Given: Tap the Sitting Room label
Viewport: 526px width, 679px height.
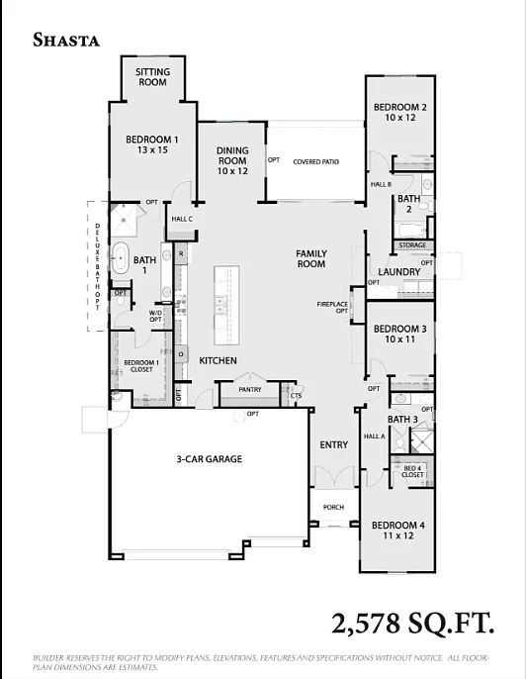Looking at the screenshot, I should click(152, 77).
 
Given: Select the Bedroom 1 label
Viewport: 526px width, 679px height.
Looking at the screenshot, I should click(152, 145).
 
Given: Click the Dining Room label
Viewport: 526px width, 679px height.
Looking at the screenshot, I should click(232, 160).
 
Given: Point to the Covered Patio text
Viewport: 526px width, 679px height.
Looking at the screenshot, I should click(315, 160).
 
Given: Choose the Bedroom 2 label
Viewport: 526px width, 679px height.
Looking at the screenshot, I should click(400, 112).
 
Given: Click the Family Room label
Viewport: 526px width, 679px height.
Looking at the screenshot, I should click(311, 259).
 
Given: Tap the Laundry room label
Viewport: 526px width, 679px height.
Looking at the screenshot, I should click(399, 272).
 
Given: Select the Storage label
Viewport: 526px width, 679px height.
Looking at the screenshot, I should click(412, 245).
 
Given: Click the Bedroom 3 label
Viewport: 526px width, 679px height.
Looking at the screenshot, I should click(400, 334).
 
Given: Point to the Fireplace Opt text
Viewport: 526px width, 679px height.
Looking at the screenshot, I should click(332, 307).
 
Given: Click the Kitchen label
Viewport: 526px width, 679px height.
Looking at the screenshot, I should click(218, 361).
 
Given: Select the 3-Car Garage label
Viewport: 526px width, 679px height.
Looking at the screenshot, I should click(210, 459).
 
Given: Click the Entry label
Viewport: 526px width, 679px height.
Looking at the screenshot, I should click(334, 445).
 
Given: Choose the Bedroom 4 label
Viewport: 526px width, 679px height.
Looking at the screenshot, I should click(399, 531).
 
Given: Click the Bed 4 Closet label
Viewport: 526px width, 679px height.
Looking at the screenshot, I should click(412, 471).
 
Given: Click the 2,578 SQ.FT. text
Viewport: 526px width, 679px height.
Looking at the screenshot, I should click(412, 624).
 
